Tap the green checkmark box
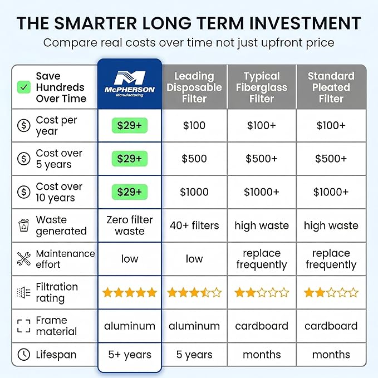tap(24, 87)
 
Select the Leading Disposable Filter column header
tap(194, 87)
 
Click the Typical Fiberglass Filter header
tap(262, 87)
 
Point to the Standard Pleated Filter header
tap(331, 87)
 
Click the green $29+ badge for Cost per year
tap(130, 125)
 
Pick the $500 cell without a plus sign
tap(194, 159)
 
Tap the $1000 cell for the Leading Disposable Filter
tap(194, 192)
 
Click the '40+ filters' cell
tap(194, 225)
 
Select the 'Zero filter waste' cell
tap(130, 225)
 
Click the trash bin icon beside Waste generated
tap(23, 225)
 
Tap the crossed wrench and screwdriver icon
tap(23, 259)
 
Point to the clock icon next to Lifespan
tap(23, 355)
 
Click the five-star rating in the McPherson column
tap(130, 292)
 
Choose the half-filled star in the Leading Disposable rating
tap(205, 292)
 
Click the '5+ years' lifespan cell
tap(130, 355)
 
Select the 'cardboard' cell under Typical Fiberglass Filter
tap(262, 326)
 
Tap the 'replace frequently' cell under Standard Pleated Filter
tap(331, 259)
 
